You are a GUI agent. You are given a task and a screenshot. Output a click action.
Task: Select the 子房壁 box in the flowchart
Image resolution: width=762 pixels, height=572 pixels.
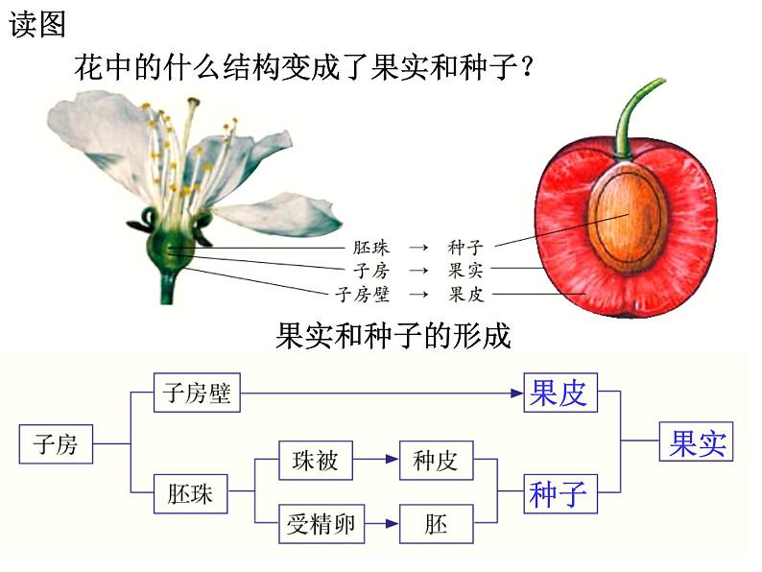tap(197, 393)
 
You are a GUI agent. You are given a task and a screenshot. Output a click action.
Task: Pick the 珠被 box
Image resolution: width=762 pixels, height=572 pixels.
tap(315, 461)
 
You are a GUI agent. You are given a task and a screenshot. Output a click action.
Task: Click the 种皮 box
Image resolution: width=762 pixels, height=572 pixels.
tap(435, 461)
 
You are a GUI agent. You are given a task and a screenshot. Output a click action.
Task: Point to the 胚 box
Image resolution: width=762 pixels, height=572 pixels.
tap(435, 524)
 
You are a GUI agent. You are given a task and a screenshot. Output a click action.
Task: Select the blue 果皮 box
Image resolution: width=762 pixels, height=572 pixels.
tap(560, 393)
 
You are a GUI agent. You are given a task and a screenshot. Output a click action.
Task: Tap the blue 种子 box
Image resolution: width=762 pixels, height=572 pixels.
tap(560, 494)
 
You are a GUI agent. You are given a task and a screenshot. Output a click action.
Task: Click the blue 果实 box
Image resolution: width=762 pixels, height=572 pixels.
tap(697, 442)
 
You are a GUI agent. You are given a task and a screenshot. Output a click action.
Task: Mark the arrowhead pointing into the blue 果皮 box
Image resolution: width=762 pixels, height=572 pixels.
tap(516, 393)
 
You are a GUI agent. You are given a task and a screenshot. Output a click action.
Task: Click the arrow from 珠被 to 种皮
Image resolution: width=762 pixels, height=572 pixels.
tap(375, 461)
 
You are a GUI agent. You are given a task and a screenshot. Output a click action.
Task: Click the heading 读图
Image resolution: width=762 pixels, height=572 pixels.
tap(37, 25)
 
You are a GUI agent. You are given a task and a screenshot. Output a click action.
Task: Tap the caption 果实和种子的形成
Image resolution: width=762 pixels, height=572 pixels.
tap(393, 336)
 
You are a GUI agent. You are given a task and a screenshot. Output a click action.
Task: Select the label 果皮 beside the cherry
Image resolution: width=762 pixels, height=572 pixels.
tap(467, 294)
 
